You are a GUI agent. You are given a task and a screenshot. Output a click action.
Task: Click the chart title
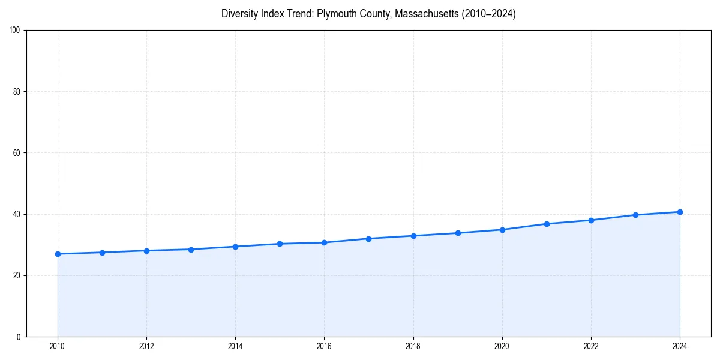click(x=368, y=14)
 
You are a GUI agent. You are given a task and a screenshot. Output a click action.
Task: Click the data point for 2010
click(x=58, y=254)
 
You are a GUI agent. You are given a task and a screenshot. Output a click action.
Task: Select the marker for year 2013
click(x=191, y=250)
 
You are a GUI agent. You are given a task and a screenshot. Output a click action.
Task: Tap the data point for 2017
click(x=368, y=239)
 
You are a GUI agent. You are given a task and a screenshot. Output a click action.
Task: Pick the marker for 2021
click(x=547, y=224)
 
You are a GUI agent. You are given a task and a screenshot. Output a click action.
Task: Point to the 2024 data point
click(x=680, y=212)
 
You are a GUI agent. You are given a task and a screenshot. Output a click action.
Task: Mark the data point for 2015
click(x=280, y=244)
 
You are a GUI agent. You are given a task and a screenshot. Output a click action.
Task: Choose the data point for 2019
click(x=458, y=233)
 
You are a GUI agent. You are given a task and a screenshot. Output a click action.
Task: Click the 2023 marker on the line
click(x=635, y=215)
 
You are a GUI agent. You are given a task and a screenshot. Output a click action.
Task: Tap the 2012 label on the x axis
click(x=146, y=346)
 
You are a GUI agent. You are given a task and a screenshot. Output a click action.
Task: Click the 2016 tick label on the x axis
click(x=324, y=346)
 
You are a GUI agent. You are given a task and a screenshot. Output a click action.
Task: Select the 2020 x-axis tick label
click(x=502, y=346)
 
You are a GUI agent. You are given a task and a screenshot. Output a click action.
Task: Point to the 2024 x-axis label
click(x=680, y=346)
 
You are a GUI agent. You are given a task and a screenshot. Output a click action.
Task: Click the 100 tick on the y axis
click(x=15, y=31)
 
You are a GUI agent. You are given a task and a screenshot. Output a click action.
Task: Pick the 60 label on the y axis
click(x=17, y=153)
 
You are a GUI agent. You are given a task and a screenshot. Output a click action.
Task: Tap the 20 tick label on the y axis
click(x=17, y=275)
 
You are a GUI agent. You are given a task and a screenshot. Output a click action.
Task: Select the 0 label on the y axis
click(x=19, y=337)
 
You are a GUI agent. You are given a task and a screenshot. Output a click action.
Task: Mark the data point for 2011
click(x=102, y=253)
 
